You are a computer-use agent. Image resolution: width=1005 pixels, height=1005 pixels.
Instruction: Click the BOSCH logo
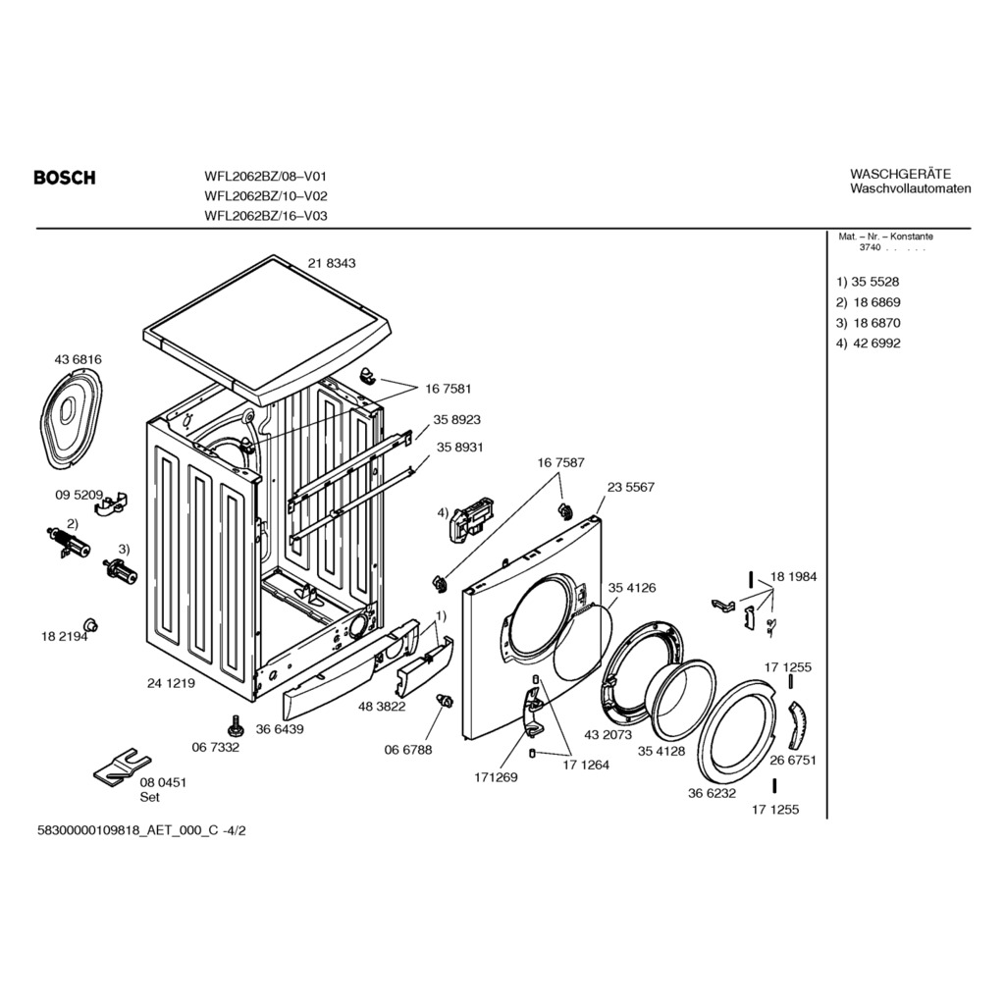pos(65,178)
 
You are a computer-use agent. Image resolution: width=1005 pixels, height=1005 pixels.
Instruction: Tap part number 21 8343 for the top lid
pos(332,263)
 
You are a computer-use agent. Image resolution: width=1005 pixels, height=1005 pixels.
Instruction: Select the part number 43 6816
pos(78,359)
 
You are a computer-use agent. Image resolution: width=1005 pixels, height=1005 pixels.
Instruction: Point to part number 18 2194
pos(64,637)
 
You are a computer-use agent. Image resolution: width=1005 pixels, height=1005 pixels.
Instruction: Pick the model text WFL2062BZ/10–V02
pos(265,196)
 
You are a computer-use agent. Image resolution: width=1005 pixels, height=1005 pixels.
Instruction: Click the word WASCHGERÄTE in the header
pos(900,174)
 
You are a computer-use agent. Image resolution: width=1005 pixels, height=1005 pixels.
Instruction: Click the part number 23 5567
pos(630,487)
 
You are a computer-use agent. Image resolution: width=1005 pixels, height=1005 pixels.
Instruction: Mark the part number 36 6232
pos(712,793)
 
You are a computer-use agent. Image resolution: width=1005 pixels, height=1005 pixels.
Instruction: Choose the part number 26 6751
pos(793,760)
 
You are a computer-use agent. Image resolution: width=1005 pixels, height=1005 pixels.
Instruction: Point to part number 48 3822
pos(383,706)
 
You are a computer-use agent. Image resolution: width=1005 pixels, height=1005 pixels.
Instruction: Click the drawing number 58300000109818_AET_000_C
pos(128,830)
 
